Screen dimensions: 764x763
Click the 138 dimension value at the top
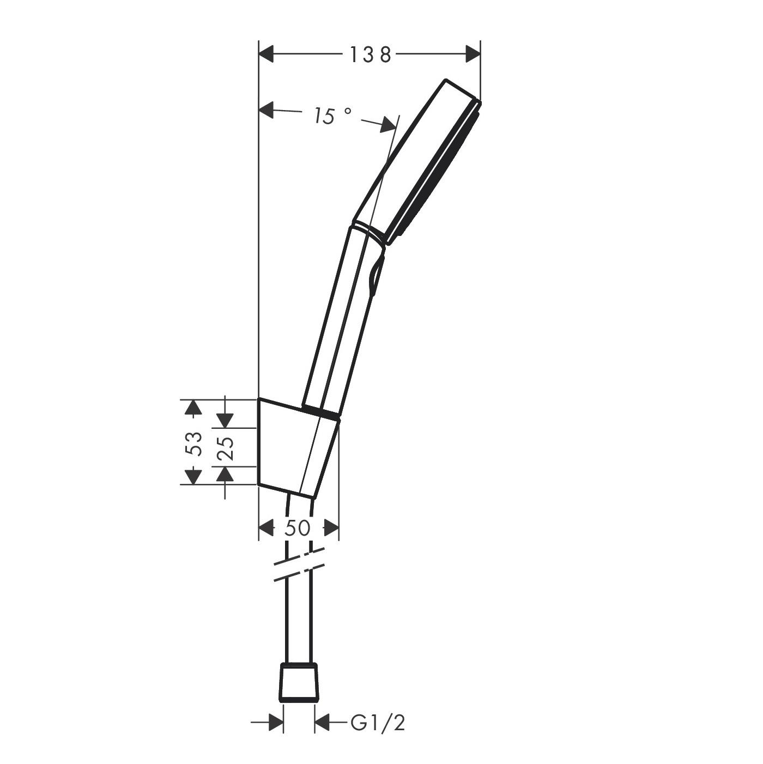[370, 54]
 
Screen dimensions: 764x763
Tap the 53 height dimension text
[194, 443]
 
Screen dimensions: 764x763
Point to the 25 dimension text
[226, 448]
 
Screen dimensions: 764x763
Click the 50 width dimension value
[298, 528]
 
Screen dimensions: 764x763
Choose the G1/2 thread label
[378, 723]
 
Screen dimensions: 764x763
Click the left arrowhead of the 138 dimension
[266, 54]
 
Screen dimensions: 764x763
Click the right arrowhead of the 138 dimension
[473, 54]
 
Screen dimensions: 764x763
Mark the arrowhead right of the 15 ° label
[389, 125]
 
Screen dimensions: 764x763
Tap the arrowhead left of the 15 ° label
[267, 110]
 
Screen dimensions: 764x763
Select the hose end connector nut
[299, 682]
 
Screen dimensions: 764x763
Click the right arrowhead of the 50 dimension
[331, 528]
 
